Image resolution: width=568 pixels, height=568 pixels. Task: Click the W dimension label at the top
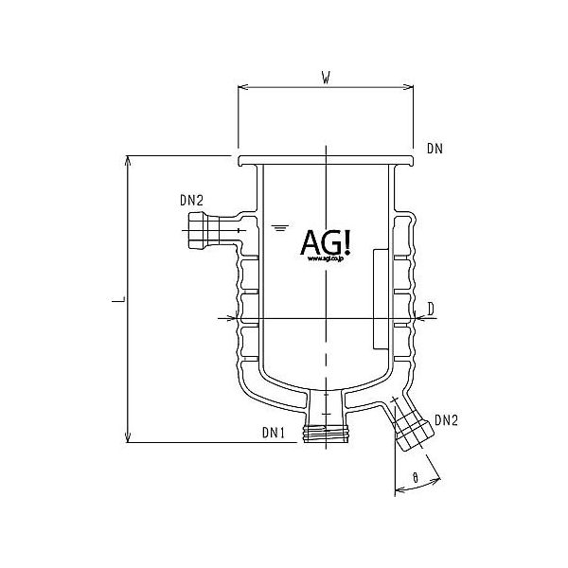325,79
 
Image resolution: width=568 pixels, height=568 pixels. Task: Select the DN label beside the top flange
435,149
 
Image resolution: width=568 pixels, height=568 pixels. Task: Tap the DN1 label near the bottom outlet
274,434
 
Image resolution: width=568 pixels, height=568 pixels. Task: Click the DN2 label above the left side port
190,200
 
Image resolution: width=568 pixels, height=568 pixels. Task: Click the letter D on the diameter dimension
431,308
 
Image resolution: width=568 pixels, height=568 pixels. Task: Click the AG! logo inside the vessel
325,243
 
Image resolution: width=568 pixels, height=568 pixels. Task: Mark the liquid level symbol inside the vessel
278,228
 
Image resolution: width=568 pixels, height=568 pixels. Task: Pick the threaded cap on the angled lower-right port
413,432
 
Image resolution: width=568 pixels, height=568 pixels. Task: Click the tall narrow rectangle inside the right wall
380,296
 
